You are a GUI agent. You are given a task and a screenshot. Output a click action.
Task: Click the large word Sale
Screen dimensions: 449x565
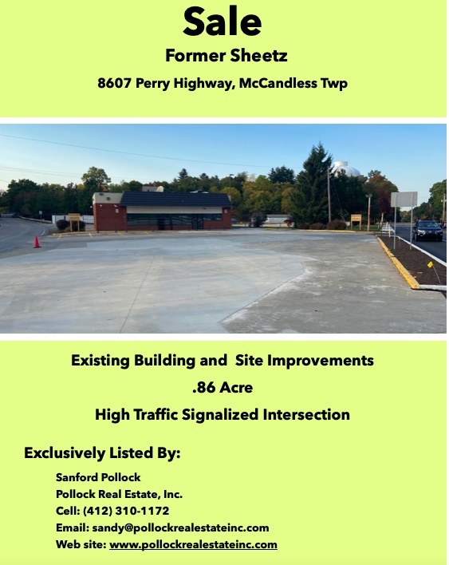click(x=223, y=22)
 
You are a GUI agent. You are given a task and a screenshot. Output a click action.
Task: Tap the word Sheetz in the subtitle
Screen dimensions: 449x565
click(x=258, y=56)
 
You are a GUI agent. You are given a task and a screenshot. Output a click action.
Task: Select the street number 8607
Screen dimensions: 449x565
click(x=115, y=83)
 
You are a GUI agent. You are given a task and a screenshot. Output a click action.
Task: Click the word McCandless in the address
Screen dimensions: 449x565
click(x=278, y=83)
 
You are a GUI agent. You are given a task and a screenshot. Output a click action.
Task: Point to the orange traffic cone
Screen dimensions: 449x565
click(x=37, y=242)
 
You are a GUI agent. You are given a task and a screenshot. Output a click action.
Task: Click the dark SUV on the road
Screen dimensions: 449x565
click(x=427, y=231)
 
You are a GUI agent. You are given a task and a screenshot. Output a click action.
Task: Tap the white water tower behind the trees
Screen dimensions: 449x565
click(x=345, y=168)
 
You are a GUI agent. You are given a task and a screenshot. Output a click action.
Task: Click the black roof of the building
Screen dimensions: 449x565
click(x=175, y=200)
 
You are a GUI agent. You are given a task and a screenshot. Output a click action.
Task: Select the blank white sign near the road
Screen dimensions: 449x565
click(x=404, y=200)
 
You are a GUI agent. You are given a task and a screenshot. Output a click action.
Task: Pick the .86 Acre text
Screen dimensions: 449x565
click(x=223, y=387)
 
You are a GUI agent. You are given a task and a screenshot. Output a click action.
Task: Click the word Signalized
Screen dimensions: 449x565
click(x=220, y=414)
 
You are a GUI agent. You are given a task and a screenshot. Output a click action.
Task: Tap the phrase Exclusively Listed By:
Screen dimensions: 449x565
click(x=102, y=452)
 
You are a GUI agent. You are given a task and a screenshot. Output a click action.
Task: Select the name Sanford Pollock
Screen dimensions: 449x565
click(x=98, y=477)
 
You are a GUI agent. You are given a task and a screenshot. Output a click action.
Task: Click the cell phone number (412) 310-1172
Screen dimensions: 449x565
click(x=126, y=511)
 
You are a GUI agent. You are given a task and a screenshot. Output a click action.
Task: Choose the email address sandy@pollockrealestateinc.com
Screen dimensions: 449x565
click(x=180, y=527)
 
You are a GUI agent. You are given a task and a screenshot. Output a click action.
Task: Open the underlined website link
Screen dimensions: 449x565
click(x=193, y=544)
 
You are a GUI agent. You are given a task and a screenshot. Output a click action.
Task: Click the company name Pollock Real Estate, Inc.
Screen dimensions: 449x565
click(x=119, y=494)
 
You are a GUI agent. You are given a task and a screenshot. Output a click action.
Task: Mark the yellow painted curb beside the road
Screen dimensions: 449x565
click(x=397, y=263)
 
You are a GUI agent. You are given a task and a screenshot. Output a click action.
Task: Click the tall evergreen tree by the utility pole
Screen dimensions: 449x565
click(x=313, y=184)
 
